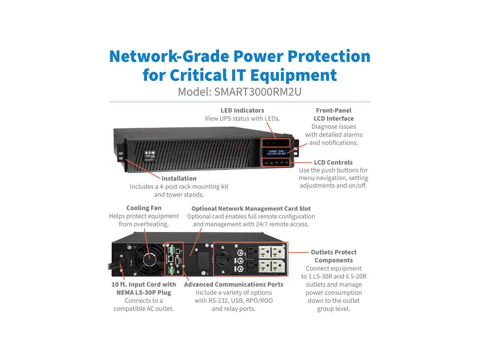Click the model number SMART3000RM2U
coord(258,92)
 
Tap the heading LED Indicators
coord(242,110)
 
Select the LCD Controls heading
coord(333,162)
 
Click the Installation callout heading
coord(179,178)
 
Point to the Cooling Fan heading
coord(144,208)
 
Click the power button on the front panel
coord(287,162)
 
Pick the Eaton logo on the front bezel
coord(149,153)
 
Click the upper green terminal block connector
coord(171,249)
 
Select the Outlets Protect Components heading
coord(333,256)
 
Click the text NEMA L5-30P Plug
coord(144,292)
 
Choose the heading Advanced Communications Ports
coord(234,284)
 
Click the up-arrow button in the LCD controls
coord(271,163)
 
